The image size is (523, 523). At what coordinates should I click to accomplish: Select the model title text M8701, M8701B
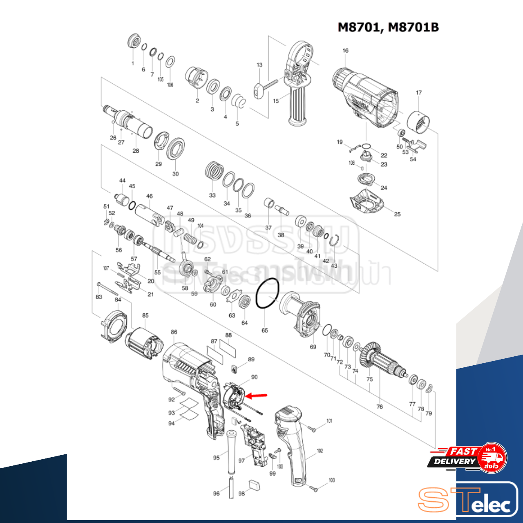point(388,27)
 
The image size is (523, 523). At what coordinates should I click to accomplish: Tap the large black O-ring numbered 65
point(268,294)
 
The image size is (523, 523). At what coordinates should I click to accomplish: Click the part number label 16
point(345,51)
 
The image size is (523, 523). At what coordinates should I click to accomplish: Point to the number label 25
point(397,214)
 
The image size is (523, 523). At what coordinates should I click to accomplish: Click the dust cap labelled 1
point(134,41)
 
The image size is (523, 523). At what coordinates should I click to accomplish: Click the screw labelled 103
point(314,487)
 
